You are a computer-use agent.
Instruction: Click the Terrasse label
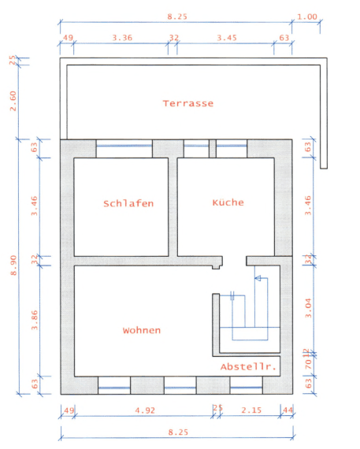pyautogui.click(x=188, y=103)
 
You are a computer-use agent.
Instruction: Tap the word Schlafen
pyautogui.click(x=128, y=203)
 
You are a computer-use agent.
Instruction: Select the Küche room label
pyautogui.click(x=228, y=202)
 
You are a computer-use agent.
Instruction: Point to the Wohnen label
pyautogui.click(x=142, y=330)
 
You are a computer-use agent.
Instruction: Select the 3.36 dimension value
pyautogui.click(x=122, y=37)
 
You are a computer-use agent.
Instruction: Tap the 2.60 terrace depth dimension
pyautogui.click(x=13, y=101)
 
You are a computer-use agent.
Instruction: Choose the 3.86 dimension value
pyautogui.click(x=34, y=318)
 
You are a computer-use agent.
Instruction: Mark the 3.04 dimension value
pyautogui.click(x=309, y=304)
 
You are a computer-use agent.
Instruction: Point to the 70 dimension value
pyautogui.click(x=309, y=364)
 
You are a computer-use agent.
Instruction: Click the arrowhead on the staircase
pyautogui.click(x=255, y=278)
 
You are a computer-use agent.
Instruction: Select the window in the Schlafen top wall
pyautogui.click(x=124, y=144)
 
